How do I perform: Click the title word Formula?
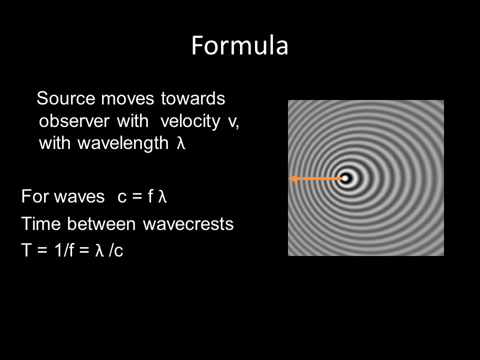[240, 46]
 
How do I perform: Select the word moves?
[127, 99]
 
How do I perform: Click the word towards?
[193, 99]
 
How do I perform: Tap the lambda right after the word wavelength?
[181, 144]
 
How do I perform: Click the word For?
[33, 197]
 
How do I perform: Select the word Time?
[39, 224]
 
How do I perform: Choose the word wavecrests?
[188, 224]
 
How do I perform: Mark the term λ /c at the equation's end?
[109, 251]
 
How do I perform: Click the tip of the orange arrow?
[291, 178]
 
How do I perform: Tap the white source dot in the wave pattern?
[345, 178]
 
